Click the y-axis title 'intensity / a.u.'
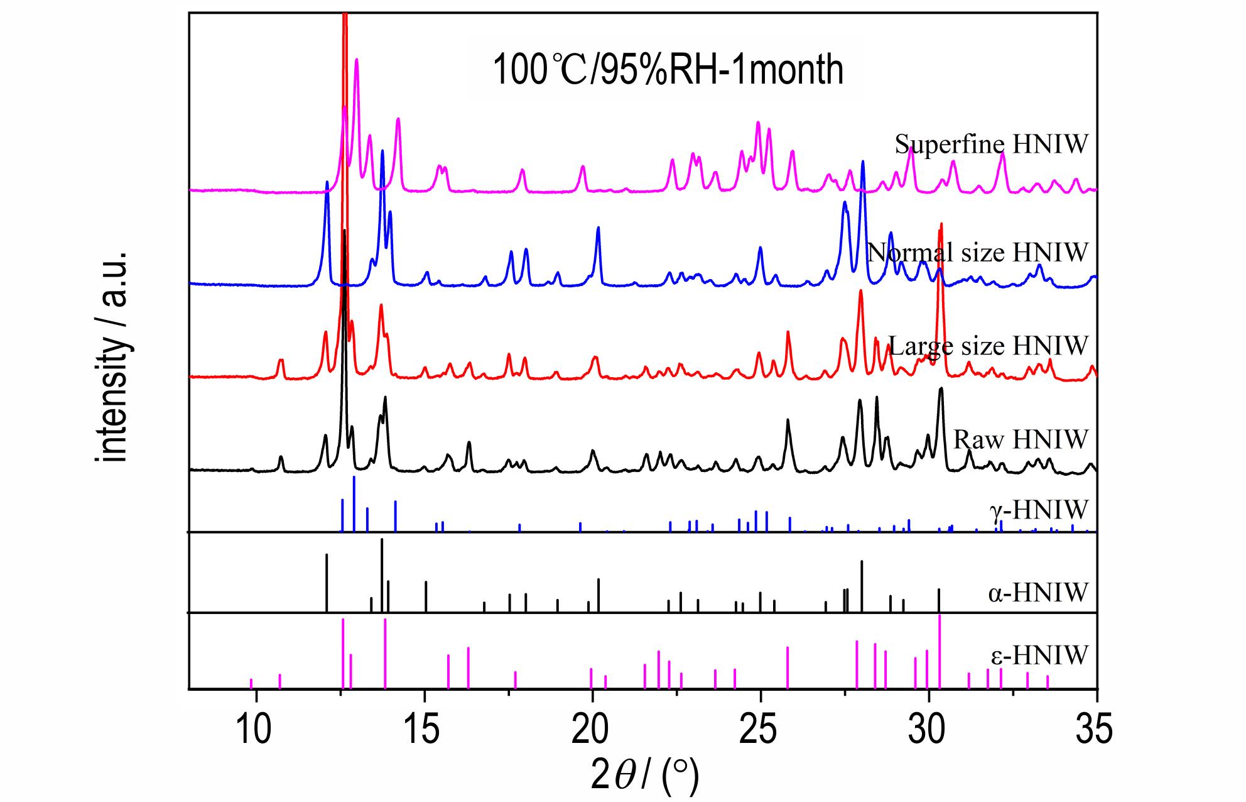114,358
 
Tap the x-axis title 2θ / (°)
644,775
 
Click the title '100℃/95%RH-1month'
668,70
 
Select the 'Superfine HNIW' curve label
991,145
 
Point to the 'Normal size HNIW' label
977,252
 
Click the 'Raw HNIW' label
1020,438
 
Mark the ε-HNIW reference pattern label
1039,656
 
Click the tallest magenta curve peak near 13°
357,60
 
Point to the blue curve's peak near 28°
863,162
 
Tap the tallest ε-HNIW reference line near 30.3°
940,651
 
